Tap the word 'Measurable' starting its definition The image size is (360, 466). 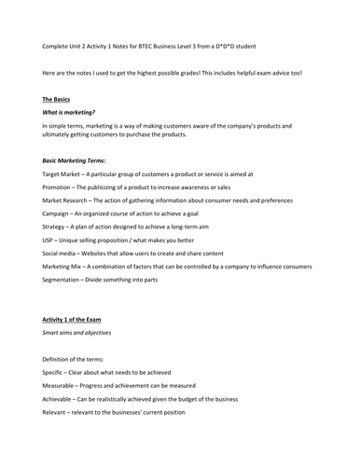click(61, 385)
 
